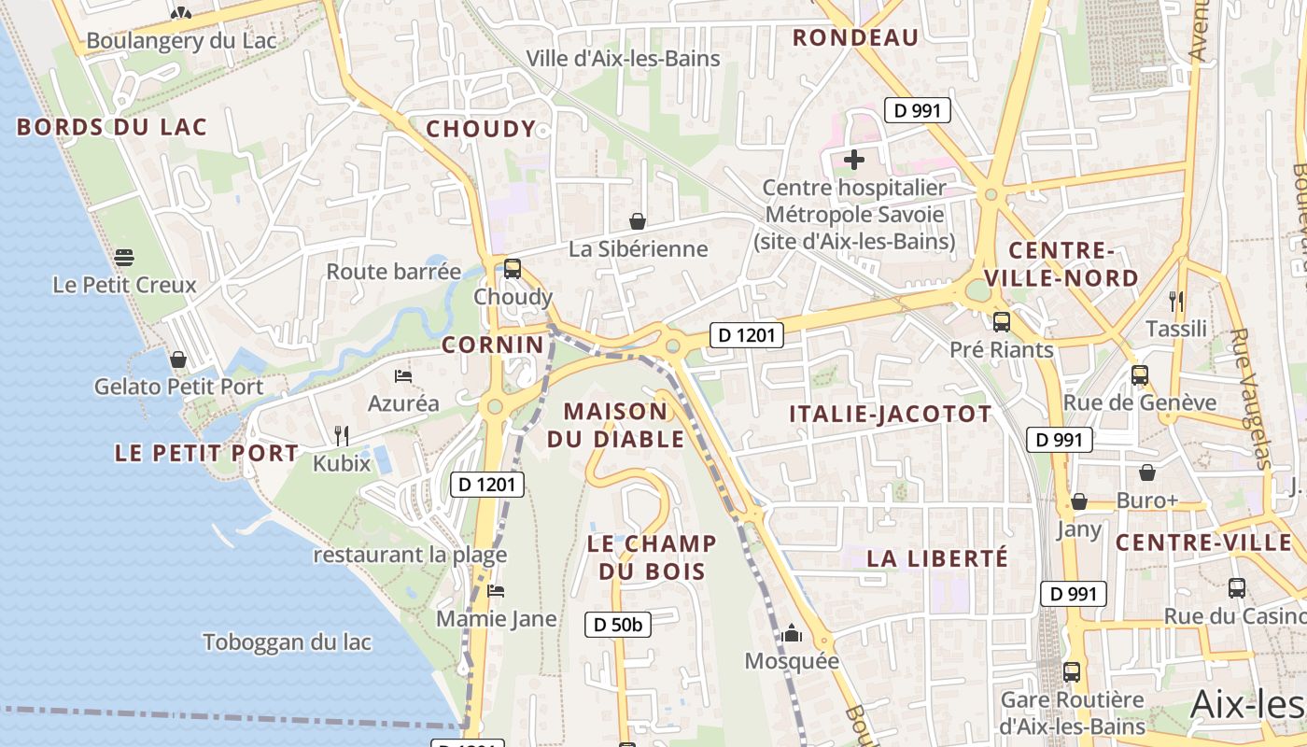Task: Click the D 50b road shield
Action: (x=618, y=625)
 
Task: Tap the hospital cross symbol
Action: (x=854, y=160)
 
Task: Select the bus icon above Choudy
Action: (x=513, y=269)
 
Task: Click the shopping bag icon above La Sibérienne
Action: (x=638, y=221)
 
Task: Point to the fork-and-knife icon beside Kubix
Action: (x=342, y=435)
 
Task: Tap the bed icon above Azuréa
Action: (x=403, y=375)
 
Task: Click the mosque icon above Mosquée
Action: (x=792, y=634)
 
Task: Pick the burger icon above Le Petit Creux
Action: (x=124, y=257)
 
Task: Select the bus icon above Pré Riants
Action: (x=1002, y=322)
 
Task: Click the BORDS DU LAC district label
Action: (x=112, y=128)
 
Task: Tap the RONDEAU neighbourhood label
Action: (x=856, y=37)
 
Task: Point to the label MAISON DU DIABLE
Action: (x=616, y=425)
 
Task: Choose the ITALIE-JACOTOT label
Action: (x=891, y=415)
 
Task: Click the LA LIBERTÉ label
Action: (x=937, y=558)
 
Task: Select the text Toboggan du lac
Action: (x=288, y=642)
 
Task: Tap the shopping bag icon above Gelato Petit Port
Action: (x=177, y=359)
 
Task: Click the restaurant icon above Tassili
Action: (x=1176, y=301)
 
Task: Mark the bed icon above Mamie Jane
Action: (x=496, y=591)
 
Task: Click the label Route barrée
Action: (x=393, y=272)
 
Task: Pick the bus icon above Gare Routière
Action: (x=1072, y=671)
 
